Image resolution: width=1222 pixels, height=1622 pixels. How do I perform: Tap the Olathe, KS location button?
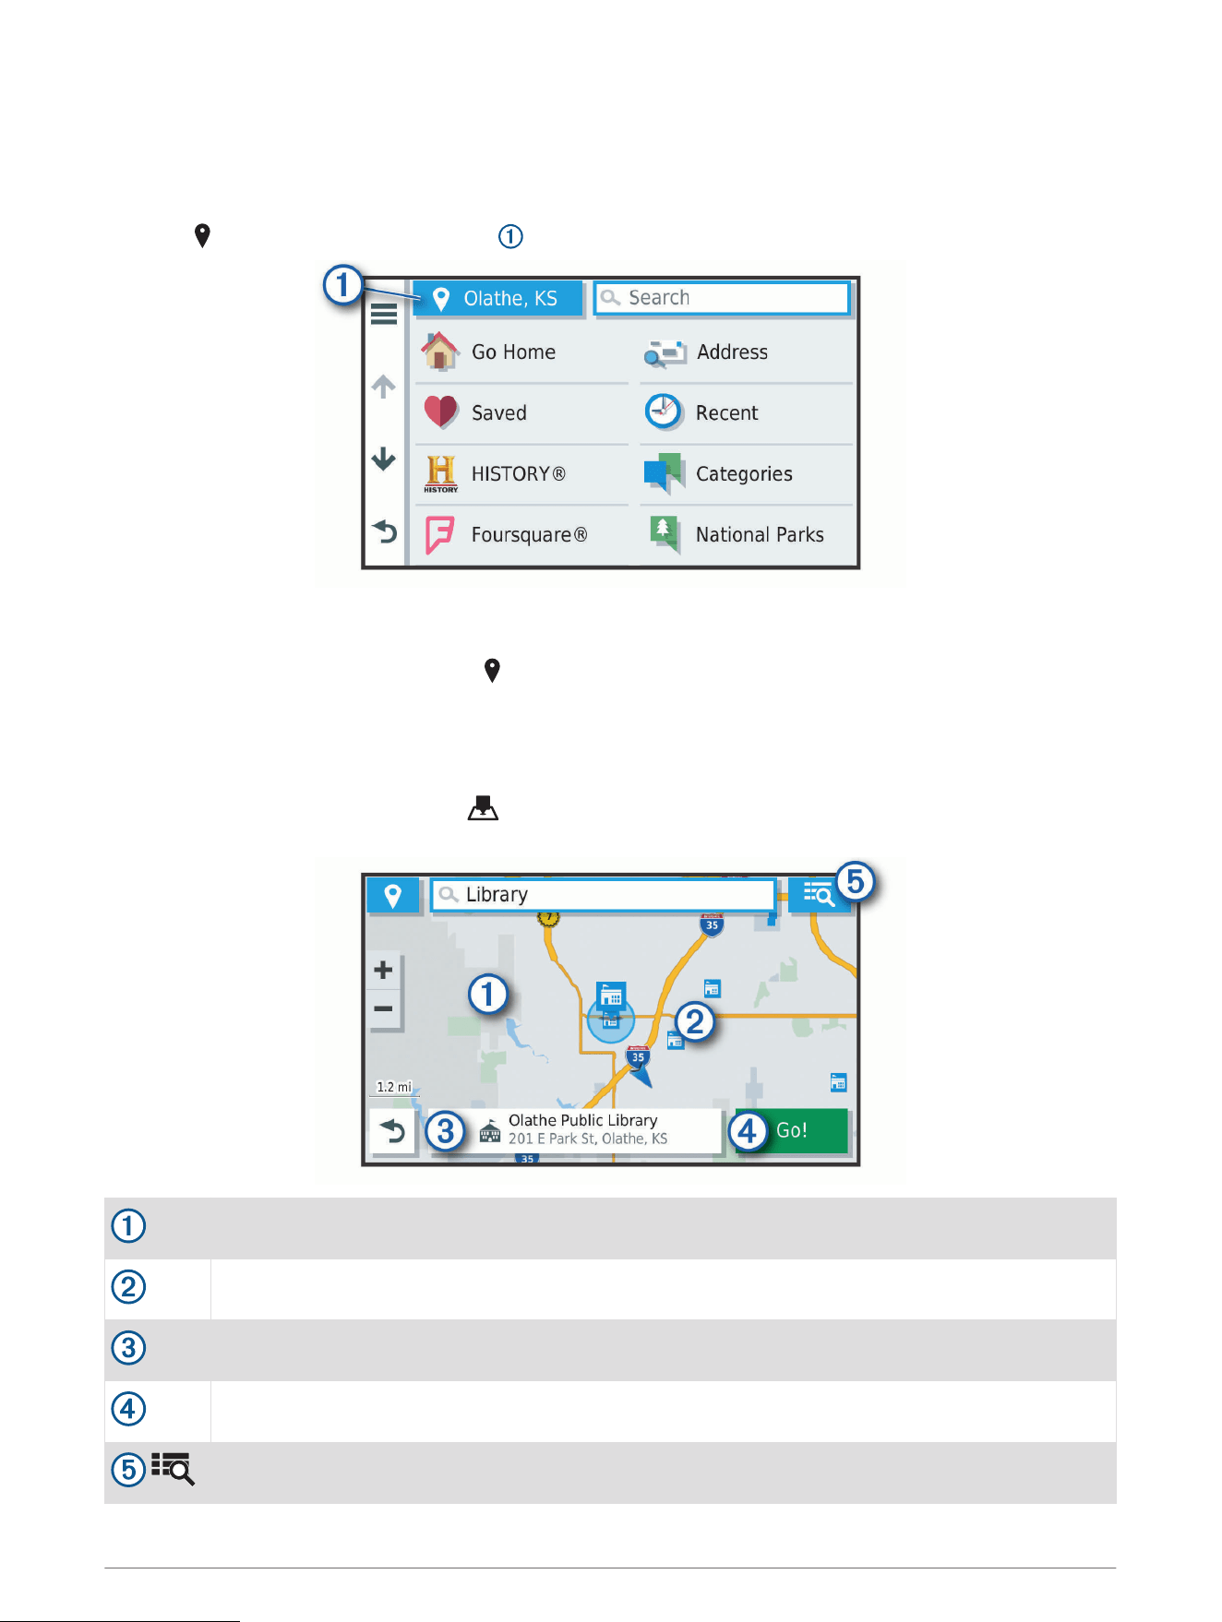tap(497, 299)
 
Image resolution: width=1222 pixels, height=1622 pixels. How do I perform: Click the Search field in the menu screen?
tap(722, 298)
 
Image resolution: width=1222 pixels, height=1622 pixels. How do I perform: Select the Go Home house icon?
tap(440, 352)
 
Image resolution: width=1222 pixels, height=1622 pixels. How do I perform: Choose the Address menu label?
tap(732, 352)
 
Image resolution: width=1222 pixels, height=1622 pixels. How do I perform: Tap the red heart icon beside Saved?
tap(441, 411)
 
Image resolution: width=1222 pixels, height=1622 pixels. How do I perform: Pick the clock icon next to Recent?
tap(664, 411)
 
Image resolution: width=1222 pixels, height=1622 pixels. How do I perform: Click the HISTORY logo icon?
tap(441, 473)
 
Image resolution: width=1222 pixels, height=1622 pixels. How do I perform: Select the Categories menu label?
tap(744, 474)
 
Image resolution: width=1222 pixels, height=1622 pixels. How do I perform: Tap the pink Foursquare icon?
tap(439, 535)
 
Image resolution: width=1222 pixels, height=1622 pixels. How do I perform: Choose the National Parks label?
tap(760, 535)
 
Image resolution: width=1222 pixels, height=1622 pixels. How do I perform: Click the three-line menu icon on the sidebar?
tap(384, 315)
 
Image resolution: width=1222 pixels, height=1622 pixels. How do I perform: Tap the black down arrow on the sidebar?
tap(384, 459)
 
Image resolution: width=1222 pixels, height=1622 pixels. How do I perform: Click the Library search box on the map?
tap(603, 895)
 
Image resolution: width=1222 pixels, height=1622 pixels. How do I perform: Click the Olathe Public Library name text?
tap(582, 1120)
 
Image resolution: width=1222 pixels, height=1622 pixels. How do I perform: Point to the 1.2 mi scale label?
tap(394, 1087)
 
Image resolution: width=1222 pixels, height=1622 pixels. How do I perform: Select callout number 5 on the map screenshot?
tap(856, 881)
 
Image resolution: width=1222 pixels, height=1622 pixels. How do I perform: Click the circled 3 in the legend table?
tap(129, 1348)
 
